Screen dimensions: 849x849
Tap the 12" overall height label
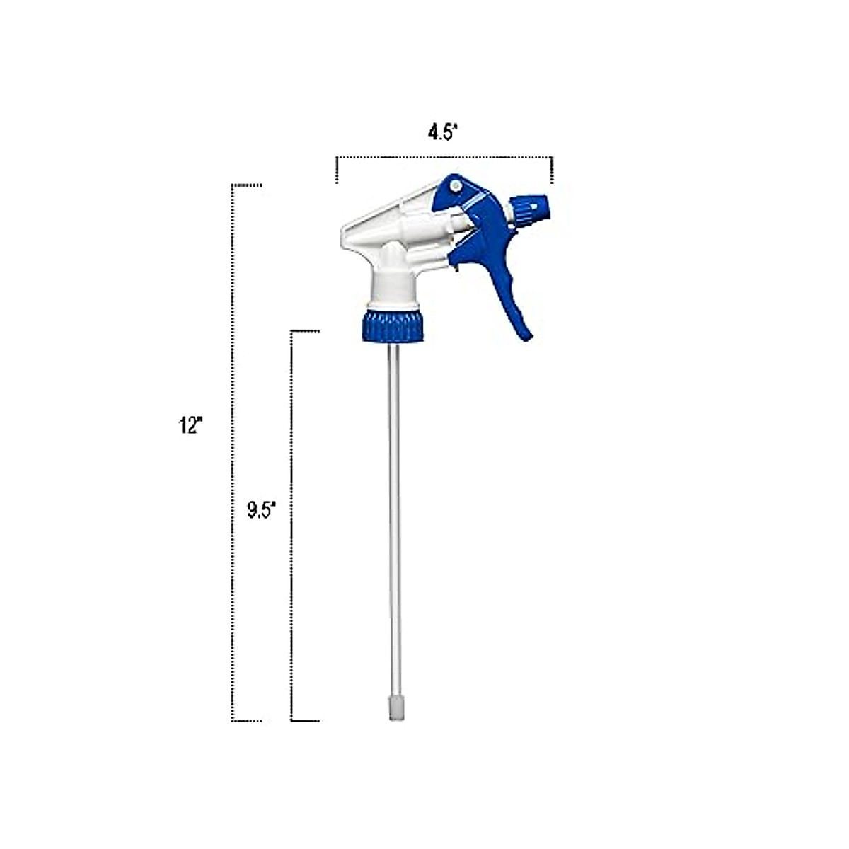190,425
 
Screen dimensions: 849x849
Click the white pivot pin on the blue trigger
455,185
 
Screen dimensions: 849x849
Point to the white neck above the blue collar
393,287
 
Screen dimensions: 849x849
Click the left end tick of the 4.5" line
337,170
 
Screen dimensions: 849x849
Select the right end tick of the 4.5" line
552,170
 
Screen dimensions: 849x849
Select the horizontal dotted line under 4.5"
444,157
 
